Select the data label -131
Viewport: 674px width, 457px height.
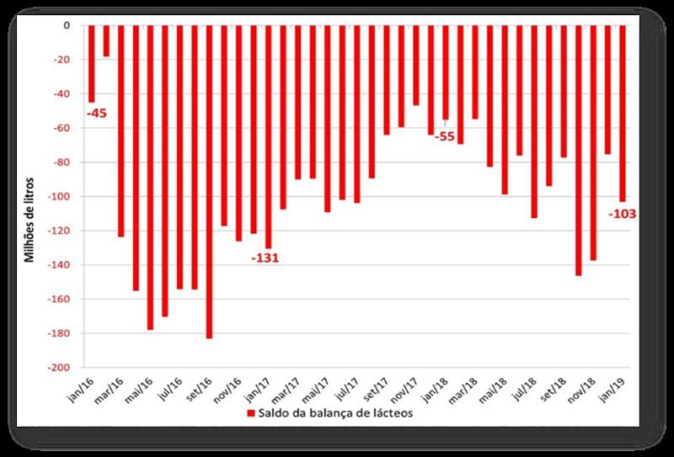tap(264, 258)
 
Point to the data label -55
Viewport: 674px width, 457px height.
tap(444, 136)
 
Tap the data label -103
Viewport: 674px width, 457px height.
tap(622, 214)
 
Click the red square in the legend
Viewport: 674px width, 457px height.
tap(251, 413)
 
